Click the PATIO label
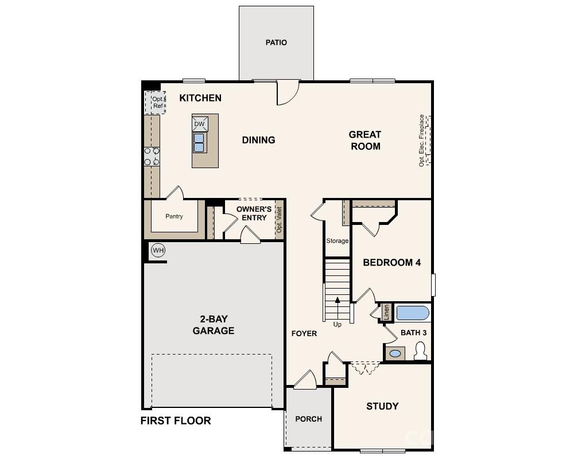click(276, 42)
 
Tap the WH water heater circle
click(158, 250)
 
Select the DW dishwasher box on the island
click(199, 123)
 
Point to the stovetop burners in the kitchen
click(152, 157)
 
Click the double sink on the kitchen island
click(199, 142)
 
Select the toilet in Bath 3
click(420, 351)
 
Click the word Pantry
click(174, 216)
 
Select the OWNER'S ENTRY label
click(254, 213)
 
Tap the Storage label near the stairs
click(338, 241)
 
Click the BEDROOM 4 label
click(392, 263)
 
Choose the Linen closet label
click(386, 313)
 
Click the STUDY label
click(382, 406)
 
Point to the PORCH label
click(309, 419)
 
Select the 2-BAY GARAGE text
click(214, 325)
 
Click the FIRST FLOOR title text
click(176, 421)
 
